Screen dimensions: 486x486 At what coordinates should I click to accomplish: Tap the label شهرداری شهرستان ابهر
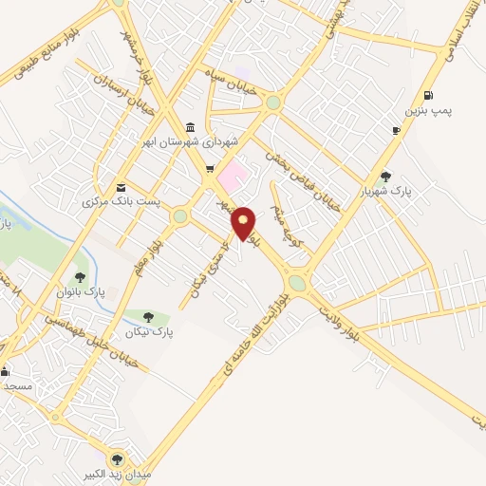point(190,142)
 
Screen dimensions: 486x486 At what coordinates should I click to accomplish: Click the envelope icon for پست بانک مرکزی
point(121,187)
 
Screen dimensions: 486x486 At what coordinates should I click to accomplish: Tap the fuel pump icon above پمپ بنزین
point(429,95)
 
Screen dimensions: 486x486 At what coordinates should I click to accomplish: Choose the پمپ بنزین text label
point(430,111)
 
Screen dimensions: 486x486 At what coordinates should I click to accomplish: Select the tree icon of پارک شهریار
point(384,176)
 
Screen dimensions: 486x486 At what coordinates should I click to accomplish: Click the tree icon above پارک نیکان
point(147,317)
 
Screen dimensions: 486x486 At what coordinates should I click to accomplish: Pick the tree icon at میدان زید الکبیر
point(118,458)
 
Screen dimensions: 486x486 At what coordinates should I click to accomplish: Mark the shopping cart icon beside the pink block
point(210,169)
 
